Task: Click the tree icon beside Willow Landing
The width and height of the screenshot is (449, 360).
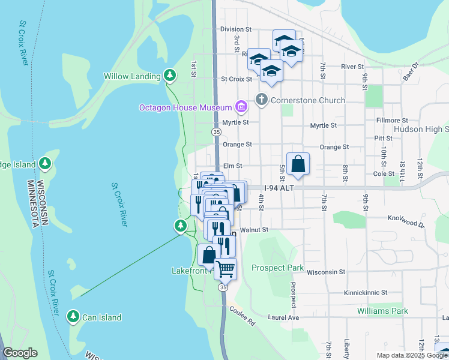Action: (x=170, y=76)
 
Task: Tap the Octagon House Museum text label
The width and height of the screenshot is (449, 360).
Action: (x=185, y=107)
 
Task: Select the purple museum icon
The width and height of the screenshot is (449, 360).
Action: (x=241, y=107)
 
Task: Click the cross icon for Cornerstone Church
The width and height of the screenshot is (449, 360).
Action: (x=261, y=100)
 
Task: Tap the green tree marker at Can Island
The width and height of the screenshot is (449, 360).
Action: (x=73, y=316)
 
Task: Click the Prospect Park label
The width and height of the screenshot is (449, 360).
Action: (x=277, y=268)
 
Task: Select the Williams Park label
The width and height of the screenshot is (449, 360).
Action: (x=382, y=311)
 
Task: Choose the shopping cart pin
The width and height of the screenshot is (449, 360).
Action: (x=225, y=269)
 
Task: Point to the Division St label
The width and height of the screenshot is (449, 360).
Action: (x=235, y=29)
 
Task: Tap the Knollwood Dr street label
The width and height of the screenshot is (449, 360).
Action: (x=406, y=221)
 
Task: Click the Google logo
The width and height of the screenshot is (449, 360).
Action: (x=20, y=353)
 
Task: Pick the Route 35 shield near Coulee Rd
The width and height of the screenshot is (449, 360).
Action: (x=223, y=287)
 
